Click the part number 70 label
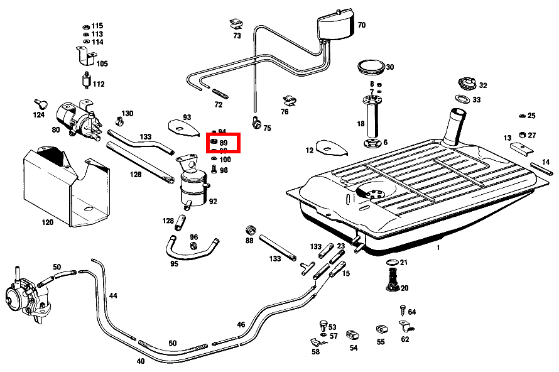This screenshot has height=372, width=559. click(362, 26)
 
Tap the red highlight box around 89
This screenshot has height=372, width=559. click(224, 143)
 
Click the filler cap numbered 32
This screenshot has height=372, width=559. click(467, 84)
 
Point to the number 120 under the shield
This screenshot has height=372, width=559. click(48, 222)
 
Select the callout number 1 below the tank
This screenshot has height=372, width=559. click(438, 248)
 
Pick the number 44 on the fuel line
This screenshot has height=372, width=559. click(113, 295)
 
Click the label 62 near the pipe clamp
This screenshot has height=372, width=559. click(404, 340)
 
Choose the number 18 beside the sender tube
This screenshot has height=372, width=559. click(361, 124)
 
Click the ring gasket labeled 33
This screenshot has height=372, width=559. click(462, 99)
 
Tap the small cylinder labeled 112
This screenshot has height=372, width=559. click(85, 80)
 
